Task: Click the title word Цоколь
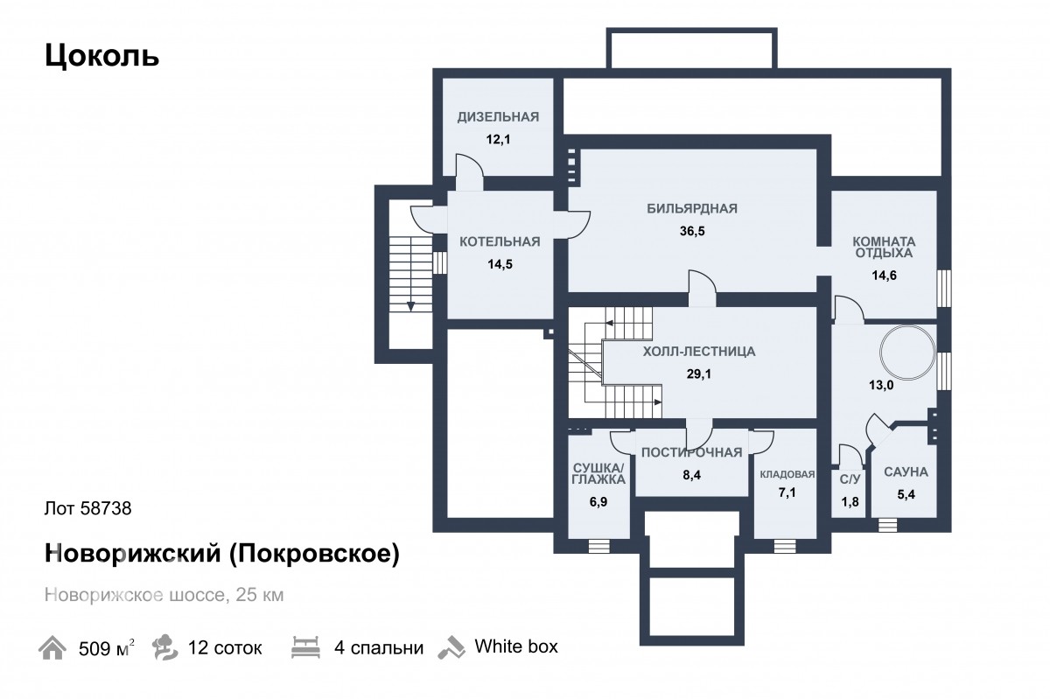[101, 56]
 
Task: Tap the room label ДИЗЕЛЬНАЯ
[498, 116]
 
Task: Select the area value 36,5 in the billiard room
[692, 231]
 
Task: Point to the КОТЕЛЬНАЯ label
[500, 242]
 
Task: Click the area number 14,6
[884, 276]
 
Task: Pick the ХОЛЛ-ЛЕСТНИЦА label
[699, 352]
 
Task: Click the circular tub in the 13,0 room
[907, 353]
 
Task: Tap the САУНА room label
[906, 472]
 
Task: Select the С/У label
[850, 479]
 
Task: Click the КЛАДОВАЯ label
[787, 474]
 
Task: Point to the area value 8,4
[692, 475]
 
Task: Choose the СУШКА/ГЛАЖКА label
[598, 473]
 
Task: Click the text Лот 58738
[88, 508]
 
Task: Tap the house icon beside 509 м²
[52, 647]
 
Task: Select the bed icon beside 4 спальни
[305, 647]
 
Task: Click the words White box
[516, 647]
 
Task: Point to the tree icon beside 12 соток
[165, 647]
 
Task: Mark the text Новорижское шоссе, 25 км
[164, 595]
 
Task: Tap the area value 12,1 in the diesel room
[498, 139]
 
